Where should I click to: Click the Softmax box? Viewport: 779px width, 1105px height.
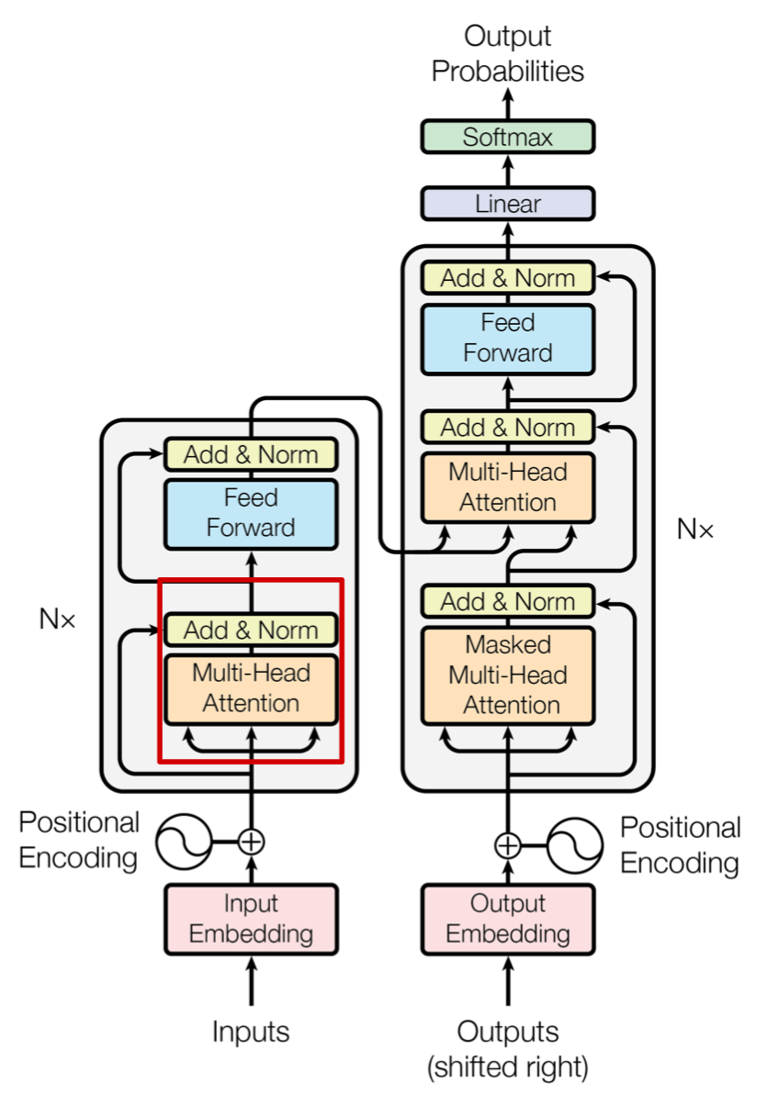point(508,137)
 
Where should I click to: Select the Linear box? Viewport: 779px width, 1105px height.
point(508,203)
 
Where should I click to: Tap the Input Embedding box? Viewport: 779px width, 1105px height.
point(251,919)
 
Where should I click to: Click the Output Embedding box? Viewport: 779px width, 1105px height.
point(508,919)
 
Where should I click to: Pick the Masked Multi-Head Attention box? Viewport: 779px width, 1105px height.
point(508,675)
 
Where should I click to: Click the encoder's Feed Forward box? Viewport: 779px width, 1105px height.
point(251,513)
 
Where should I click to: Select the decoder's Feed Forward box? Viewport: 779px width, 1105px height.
point(508,339)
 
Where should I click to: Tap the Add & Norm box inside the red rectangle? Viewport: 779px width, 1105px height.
point(251,630)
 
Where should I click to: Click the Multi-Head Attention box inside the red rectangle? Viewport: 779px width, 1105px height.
point(251,688)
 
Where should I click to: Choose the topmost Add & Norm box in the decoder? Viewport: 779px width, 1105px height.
point(508,278)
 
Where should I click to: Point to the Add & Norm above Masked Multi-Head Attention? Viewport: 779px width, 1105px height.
point(508,601)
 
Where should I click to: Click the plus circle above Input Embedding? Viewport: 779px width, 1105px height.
point(251,840)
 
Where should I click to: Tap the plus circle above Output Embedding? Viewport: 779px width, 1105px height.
point(508,844)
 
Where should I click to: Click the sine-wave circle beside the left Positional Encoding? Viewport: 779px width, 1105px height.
point(184,841)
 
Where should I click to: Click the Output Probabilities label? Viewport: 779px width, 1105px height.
point(508,54)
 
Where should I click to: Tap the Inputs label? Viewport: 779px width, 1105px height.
point(251,1032)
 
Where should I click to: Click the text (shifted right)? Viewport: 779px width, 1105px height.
point(508,1067)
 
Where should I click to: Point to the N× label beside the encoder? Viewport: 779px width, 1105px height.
point(57,619)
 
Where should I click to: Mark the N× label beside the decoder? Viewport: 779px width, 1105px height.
point(695,529)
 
